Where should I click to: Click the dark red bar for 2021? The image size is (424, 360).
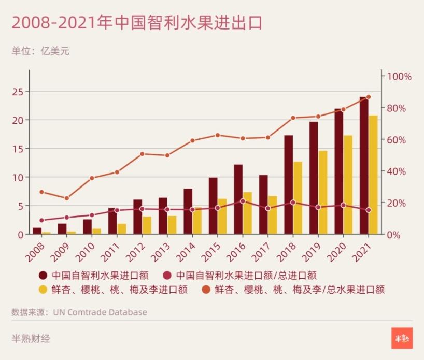[364, 166]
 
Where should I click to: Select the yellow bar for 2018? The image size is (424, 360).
[298, 198]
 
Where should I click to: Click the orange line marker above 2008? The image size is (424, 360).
[42, 192]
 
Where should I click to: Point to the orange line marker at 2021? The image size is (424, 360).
[369, 97]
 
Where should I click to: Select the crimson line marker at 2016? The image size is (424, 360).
[243, 201]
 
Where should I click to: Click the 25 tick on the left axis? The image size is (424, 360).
[19, 91]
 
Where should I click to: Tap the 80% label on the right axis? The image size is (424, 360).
[396, 108]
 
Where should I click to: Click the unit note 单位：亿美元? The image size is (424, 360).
[40, 51]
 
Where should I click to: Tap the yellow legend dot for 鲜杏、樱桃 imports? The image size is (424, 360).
[43, 289]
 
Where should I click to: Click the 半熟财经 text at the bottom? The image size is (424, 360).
[31, 339]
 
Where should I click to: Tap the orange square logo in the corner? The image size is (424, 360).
[402, 338]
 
